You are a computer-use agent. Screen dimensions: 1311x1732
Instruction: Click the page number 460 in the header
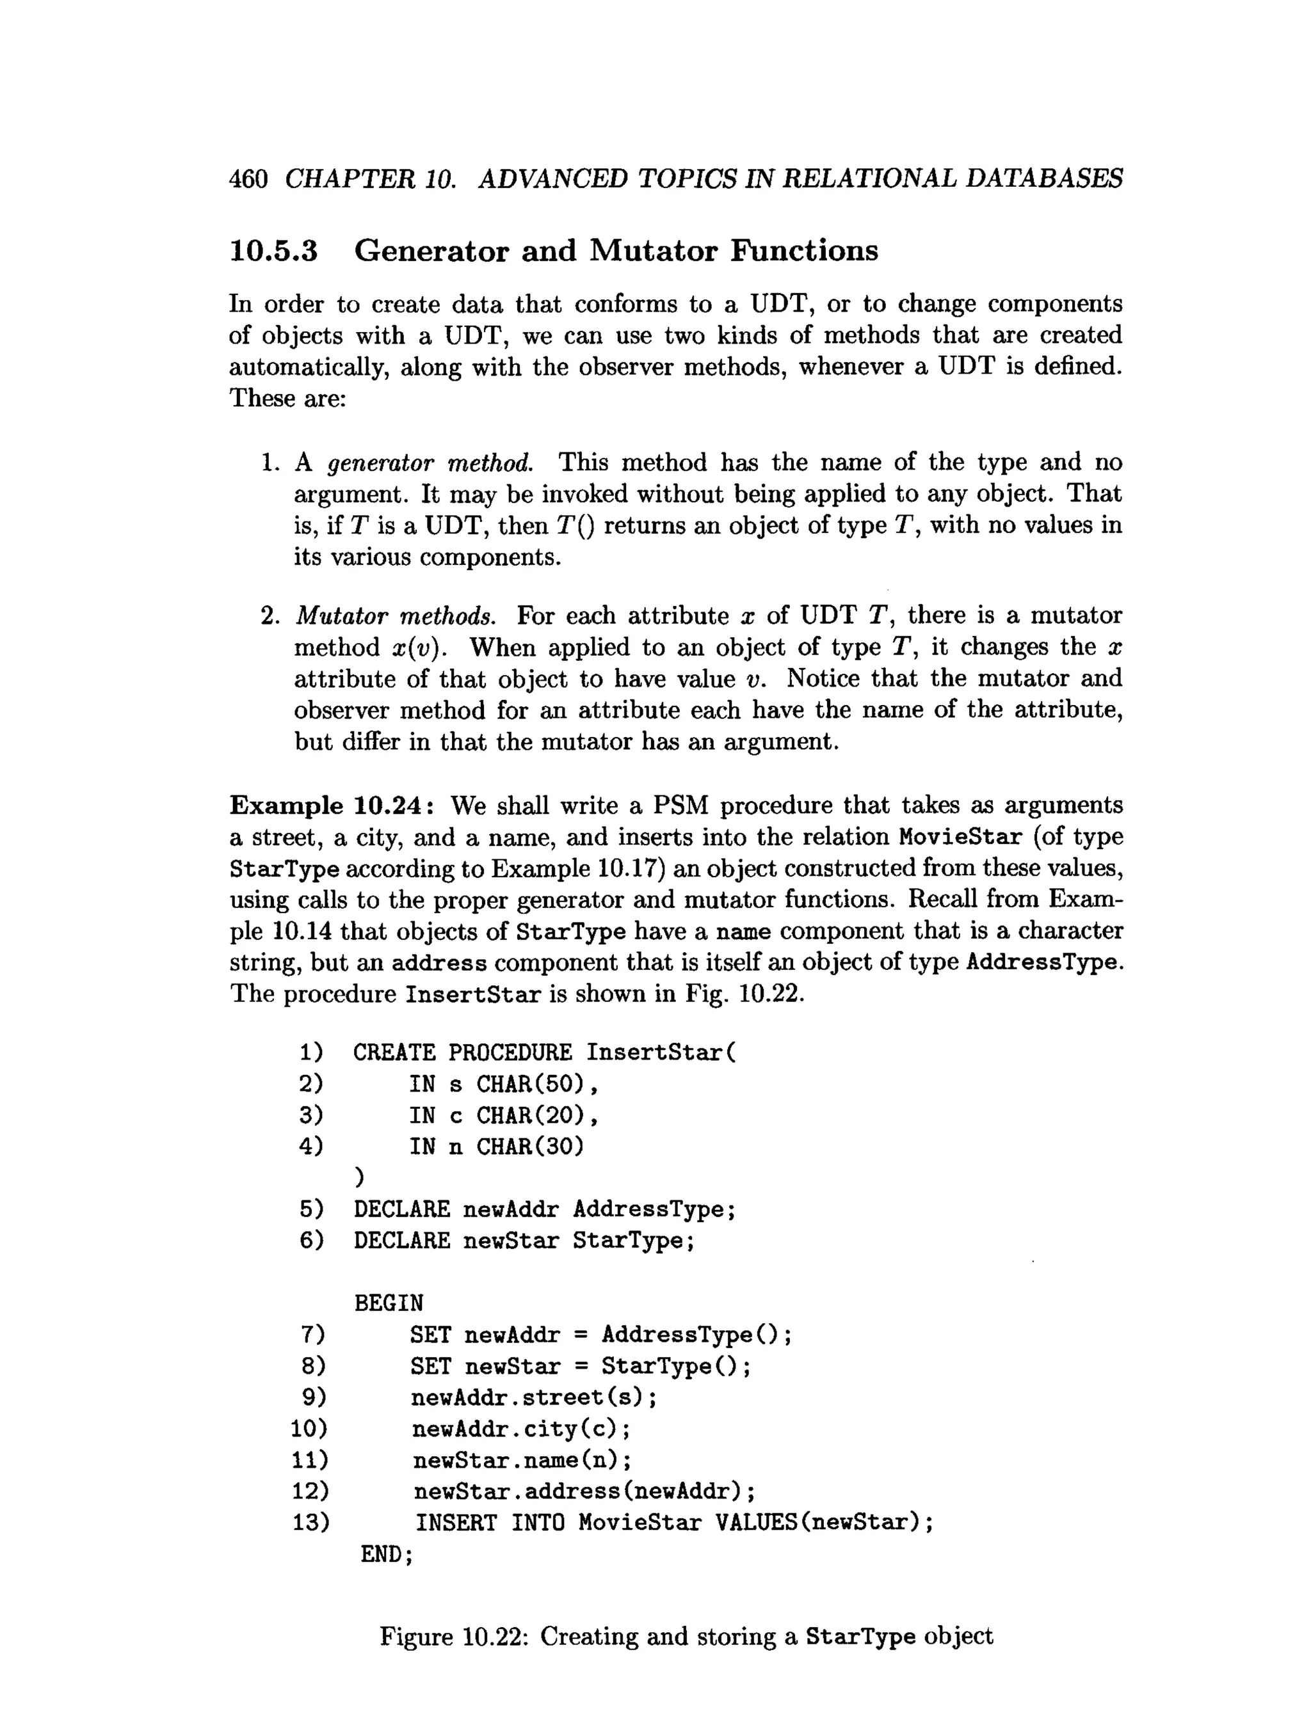click(x=248, y=179)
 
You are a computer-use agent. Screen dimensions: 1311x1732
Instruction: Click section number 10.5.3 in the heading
click(x=273, y=251)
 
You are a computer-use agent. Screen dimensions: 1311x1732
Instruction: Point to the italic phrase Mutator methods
click(x=396, y=616)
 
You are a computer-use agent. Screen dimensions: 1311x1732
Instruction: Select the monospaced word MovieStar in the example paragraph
click(x=960, y=837)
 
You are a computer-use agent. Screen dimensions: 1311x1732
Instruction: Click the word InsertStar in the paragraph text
click(x=472, y=994)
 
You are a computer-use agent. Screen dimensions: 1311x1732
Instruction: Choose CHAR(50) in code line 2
click(x=530, y=1084)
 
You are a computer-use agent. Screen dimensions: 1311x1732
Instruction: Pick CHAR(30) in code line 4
click(x=530, y=1147)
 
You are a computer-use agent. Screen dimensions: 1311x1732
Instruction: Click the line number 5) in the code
click(x=311, y=1210)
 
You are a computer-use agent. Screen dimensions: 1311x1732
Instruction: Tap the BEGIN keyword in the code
click(x=389, y=1304)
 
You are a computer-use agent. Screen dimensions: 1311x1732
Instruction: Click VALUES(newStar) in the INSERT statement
click(x=817, y=1523)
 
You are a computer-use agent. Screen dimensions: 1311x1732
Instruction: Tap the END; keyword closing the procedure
click(x=386, y=1554)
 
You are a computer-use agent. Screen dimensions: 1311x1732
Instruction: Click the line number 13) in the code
click(x=310, y=1523)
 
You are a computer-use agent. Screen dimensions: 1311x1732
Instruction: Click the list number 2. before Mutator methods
click(x=270, y=616)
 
